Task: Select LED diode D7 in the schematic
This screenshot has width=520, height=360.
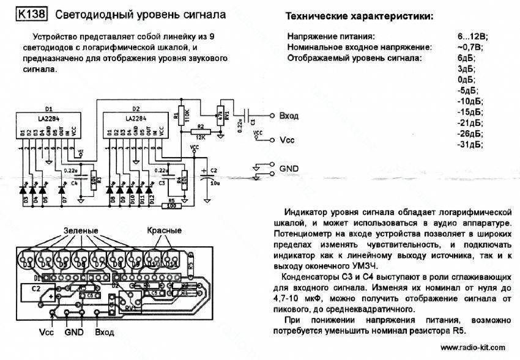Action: (x=65, y=190)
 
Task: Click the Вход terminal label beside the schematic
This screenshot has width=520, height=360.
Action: (x=288, y=115)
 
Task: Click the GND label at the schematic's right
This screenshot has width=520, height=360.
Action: (x=288, y=168)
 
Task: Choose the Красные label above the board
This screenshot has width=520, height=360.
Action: (x=164, y=230)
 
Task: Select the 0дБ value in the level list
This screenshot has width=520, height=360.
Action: (x=467, y=79)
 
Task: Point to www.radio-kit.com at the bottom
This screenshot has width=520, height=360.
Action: (x=472, y=347)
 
